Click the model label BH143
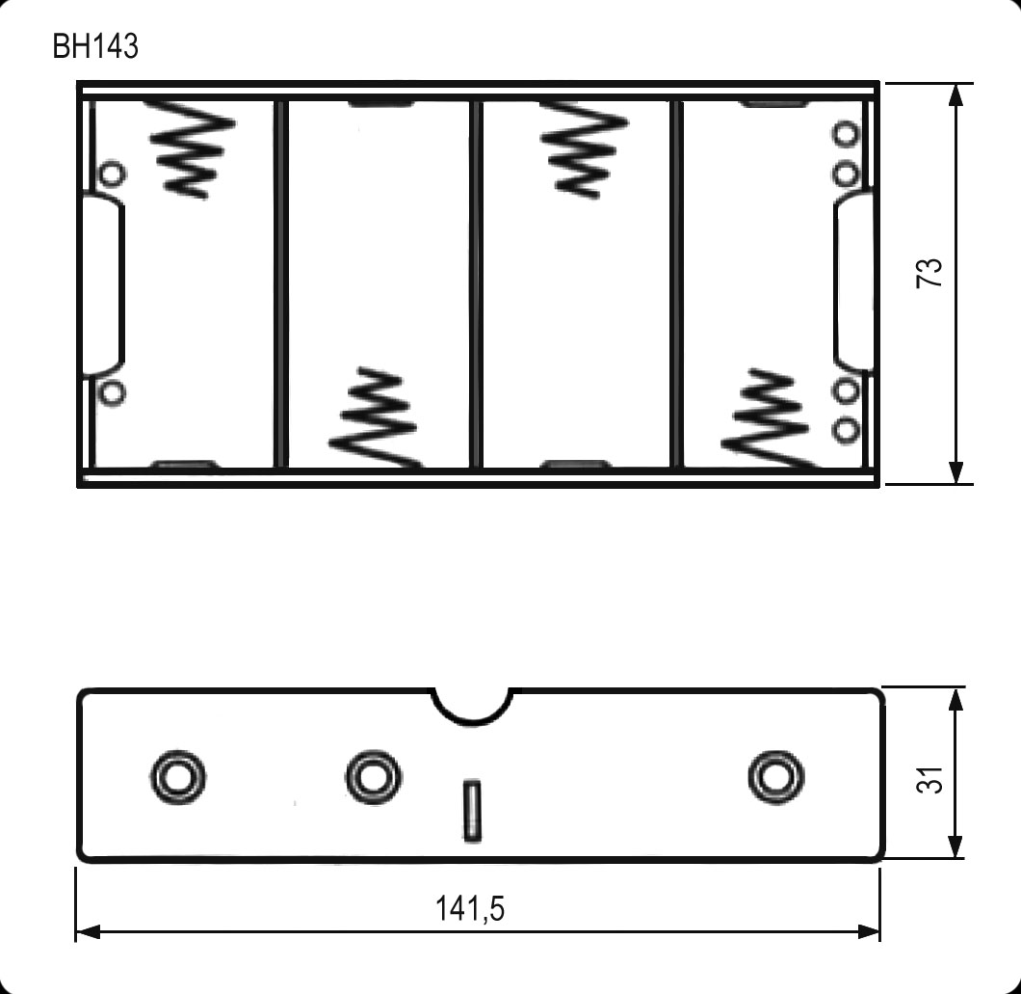pos(95,46)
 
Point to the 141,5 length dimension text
pos(469,908)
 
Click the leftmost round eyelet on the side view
pos(177,774)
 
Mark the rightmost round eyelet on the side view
pos(776,774)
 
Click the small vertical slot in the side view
pos(472,811)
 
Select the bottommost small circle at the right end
pos(846,430)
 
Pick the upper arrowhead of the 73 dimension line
pos(956,94)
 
